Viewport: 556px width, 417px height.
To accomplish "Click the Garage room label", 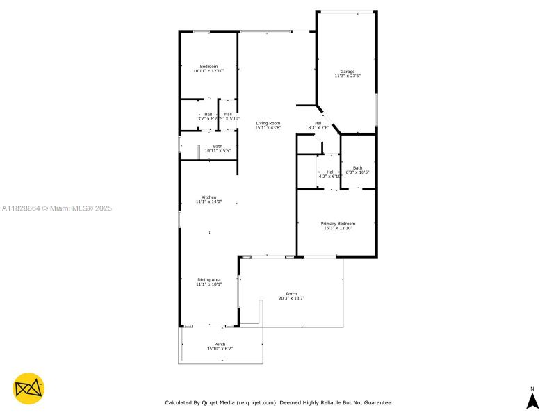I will [347, 72].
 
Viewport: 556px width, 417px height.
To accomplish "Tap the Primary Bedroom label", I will [338, 223].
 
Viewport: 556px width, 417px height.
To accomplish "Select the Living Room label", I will [268, 123].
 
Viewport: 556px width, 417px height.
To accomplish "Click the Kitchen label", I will [208, 197].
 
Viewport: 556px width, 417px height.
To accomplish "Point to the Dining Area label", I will [208, 279].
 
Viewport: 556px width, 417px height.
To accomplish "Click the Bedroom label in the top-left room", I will [208, 67].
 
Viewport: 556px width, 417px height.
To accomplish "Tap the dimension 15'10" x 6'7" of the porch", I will [220, 349].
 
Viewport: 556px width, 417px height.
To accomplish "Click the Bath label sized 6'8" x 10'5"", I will [357, 167].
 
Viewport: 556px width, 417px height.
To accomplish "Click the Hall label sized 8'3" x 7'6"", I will [318, 123].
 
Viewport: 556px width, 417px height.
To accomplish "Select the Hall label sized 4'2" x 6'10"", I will [330, 172].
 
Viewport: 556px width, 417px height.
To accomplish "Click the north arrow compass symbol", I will [532, 401].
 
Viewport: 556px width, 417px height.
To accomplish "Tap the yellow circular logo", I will [28, 389].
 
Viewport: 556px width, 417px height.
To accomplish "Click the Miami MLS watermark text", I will [57, 208].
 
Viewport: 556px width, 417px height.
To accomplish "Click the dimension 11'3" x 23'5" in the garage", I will [347, 76].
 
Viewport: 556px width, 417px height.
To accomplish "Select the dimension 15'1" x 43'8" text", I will [268, 128].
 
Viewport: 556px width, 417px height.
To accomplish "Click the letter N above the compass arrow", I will [532, 389].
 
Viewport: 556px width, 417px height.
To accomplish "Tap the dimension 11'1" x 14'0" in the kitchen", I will [208, 202].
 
